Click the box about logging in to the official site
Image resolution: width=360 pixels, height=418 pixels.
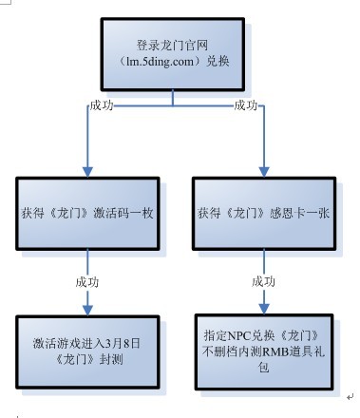tap(173, 54)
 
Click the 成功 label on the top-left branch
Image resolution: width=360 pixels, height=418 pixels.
tap(102, 104)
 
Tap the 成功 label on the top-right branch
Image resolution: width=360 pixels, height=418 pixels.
tap(246, 104)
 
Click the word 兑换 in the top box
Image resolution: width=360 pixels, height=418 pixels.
tap(218, 63)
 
